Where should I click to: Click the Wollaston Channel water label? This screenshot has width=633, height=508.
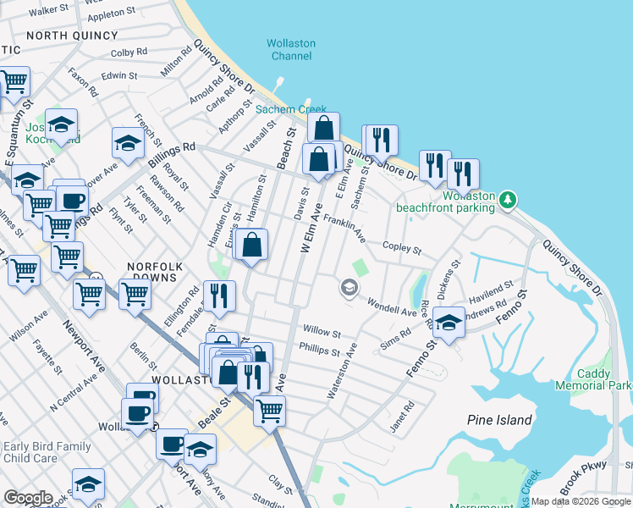(x=291, y=50)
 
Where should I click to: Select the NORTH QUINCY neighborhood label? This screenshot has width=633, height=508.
(x=72, y=35)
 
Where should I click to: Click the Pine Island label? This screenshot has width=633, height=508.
(x=499, y=420)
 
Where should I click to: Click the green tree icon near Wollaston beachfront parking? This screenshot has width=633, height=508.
(x=508, y=200)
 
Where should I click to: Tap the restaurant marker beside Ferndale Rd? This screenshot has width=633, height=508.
(x=219, y=295)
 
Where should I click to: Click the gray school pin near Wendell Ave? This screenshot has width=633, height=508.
(x=348, y=289)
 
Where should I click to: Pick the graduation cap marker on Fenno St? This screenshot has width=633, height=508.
(x=449, y=323)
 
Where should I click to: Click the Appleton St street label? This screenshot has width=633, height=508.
(x=106, y=15)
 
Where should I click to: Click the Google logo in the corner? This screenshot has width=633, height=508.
(x=28, y=498)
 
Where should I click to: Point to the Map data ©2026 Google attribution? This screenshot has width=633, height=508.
(x=581, y=501)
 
